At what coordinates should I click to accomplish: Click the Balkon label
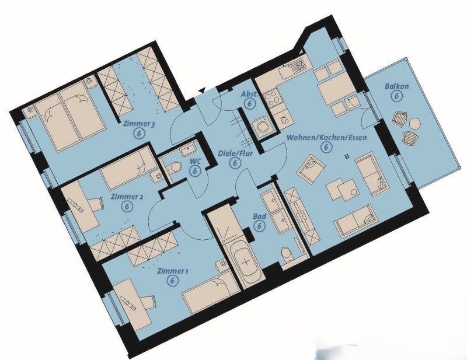click(x=397, y=86)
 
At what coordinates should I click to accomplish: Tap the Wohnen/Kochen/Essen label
click(x=326, y=137)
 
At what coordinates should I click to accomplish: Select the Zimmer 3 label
click(x=139, y=124)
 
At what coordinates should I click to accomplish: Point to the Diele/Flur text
click(x=235, y=153)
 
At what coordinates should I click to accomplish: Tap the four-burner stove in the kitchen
click(x=273, y=99)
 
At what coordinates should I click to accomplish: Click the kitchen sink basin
click(x=286, y=71)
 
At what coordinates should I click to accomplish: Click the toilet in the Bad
click(x=287, y=256)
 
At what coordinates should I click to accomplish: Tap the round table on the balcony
click(x=414, y=123)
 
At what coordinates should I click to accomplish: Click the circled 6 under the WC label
click(x=195, y=171)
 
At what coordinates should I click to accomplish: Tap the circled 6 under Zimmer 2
click(x=127, y=207)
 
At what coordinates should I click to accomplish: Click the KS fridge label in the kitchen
click(x=284, y=120)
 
